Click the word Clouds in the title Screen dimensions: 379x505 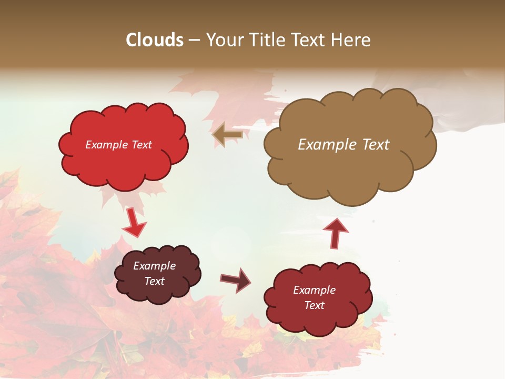coord(155,40)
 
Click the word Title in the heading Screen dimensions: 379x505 coord(266,40)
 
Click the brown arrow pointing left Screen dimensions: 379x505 coord(227,135)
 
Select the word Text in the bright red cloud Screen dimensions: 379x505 coord(142,145)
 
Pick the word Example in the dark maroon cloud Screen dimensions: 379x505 coord(155,266)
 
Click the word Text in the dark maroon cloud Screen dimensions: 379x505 coord(155,281)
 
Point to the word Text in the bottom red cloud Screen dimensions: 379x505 coord(314,305)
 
